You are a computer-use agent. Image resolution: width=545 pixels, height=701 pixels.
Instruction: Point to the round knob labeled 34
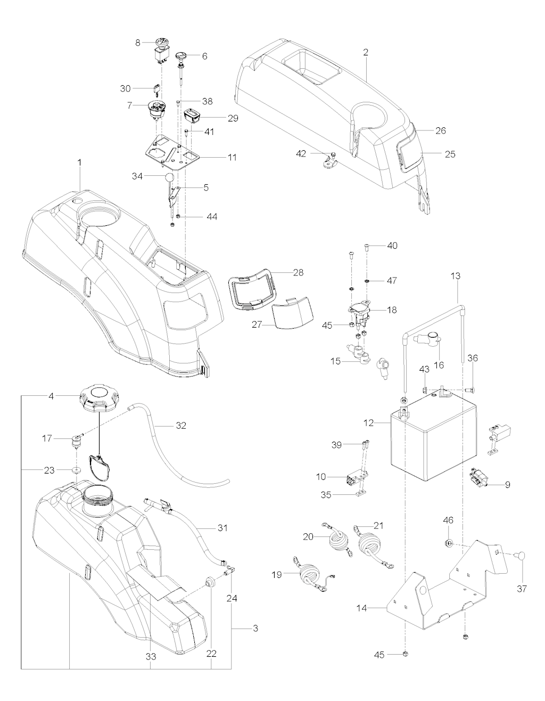pos(169,177)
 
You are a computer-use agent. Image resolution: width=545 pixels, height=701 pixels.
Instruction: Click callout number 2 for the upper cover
pos(366,53)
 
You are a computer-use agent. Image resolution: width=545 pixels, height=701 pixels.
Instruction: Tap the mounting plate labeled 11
pos(172,153)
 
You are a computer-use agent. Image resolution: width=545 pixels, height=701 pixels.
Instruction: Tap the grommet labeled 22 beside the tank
pos(211,581)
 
